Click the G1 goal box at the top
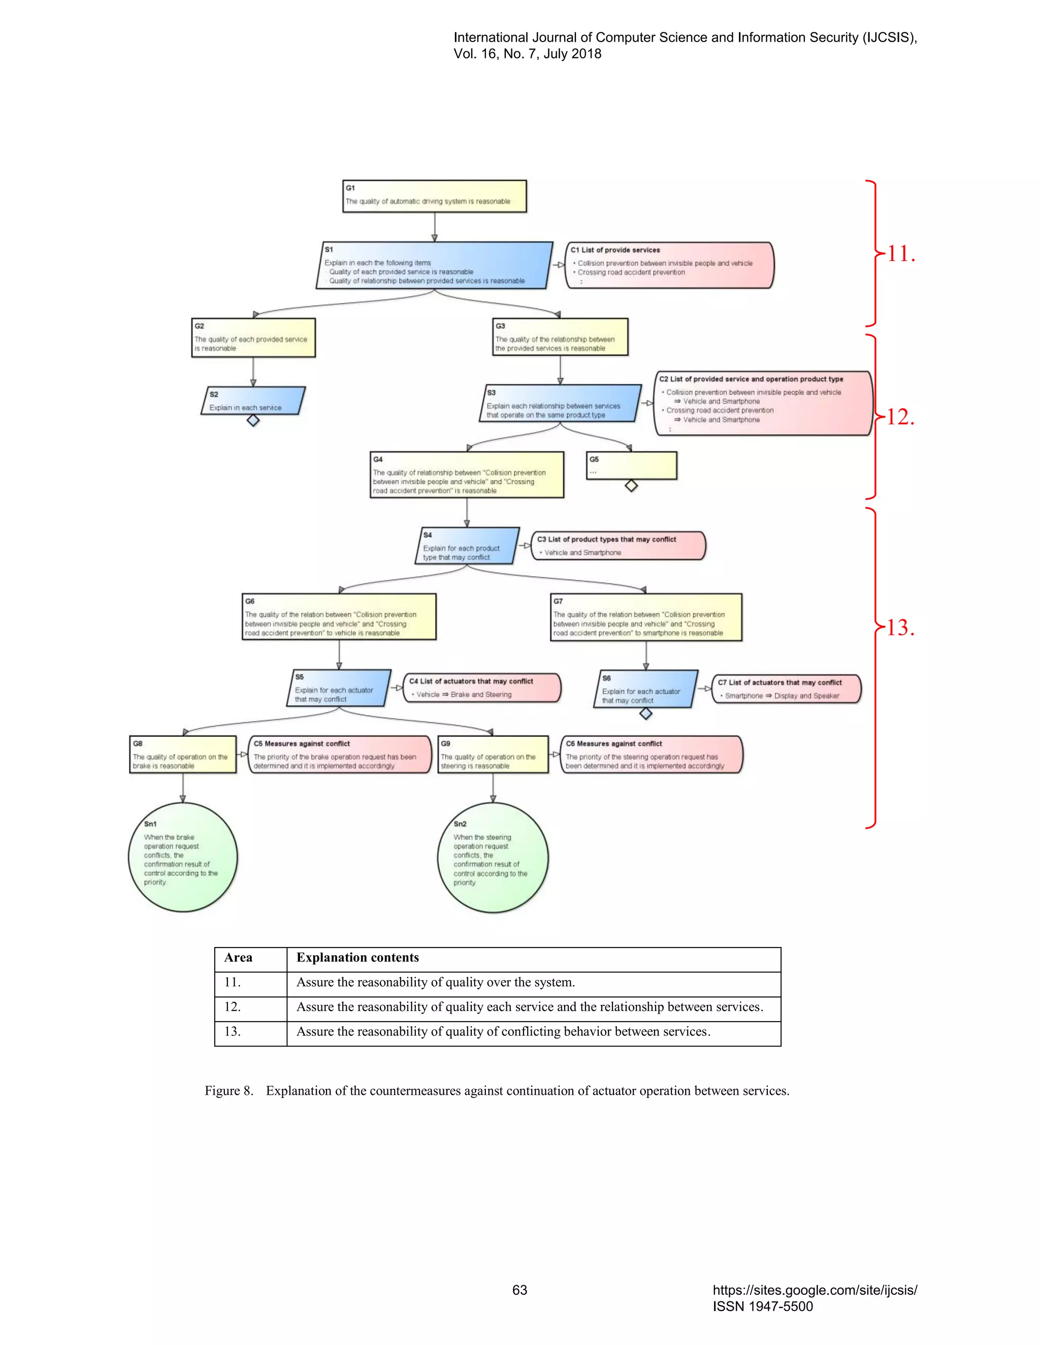point(434,196)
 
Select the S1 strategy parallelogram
point(434,265)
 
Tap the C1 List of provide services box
point(669,265)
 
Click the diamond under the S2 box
point(252,421)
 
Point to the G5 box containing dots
point(632,465)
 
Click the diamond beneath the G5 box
point(631,486)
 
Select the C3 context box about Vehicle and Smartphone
point(618,546)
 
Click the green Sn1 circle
point(182,857)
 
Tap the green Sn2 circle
point(492,857)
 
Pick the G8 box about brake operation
point(183,754)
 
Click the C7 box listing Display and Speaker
point(786,689)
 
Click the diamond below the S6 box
point(646,714)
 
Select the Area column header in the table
point(239,958)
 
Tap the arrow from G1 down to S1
point(434,228)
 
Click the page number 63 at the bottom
point(519,1290)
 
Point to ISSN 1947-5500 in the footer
point(763,1306)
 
